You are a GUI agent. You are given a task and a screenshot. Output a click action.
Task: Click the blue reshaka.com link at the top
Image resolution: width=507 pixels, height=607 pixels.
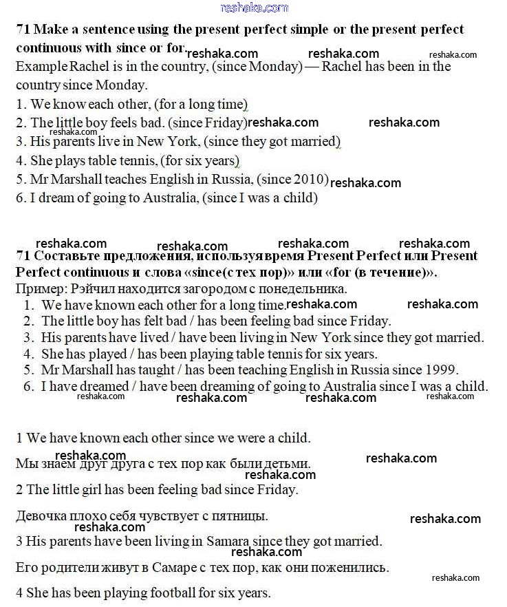(254, 8)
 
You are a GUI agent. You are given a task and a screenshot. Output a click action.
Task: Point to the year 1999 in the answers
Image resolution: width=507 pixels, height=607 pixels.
(441, 370)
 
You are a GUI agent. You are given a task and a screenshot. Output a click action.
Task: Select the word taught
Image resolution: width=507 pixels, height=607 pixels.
(152, 370)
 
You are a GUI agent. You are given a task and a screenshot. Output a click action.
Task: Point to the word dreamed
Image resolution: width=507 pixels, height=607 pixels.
(105, 386)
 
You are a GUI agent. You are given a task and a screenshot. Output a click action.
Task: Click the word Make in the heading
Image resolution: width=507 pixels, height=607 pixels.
(49, 30)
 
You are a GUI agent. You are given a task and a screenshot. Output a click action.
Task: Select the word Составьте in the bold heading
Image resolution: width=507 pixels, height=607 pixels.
(65, 256)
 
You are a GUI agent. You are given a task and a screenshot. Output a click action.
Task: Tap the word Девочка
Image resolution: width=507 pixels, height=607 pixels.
(41, 515)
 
